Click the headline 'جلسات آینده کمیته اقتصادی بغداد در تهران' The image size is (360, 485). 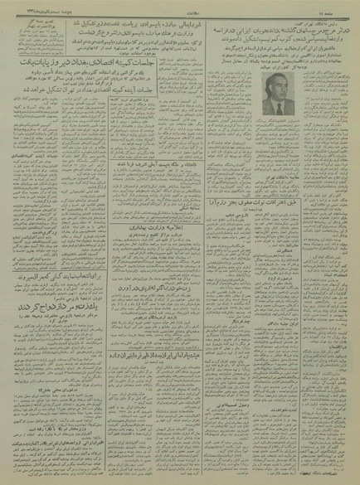point(91,113)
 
